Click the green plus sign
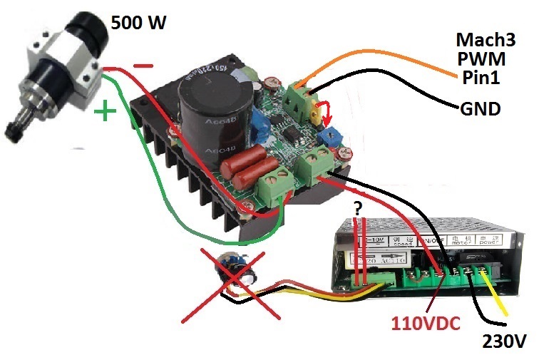click(x=106, y=112)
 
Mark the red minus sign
click(x=143, y=66)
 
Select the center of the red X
click(x=235, y=279)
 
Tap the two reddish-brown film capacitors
click(x=247, y=166)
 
